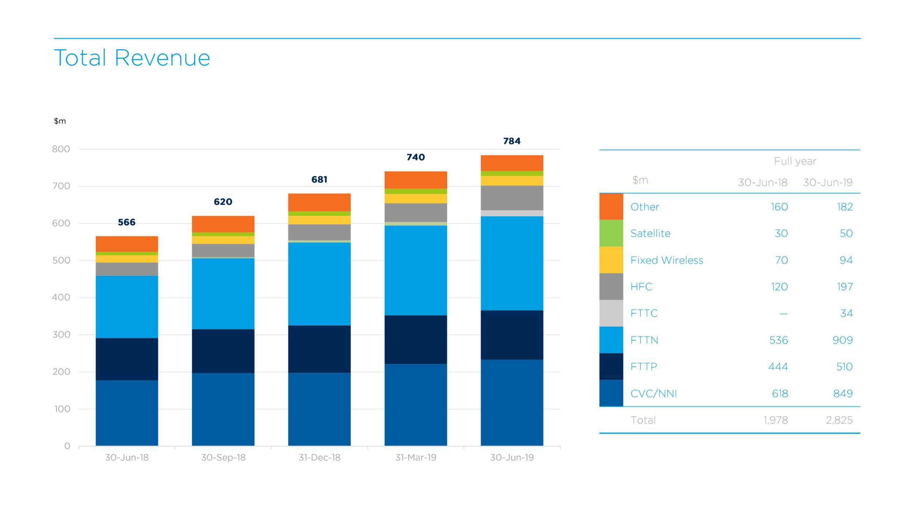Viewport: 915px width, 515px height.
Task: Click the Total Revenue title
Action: [132, 58]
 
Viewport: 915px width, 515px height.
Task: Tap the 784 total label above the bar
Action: [512, 141]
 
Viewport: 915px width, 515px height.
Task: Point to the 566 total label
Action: [127, 222]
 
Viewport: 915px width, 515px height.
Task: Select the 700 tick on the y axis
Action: [61, 186]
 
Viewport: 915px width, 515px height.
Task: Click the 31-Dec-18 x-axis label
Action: [320, 457]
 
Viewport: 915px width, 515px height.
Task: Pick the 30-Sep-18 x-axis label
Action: [223, 457]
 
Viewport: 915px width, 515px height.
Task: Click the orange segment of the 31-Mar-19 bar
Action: [415, 180]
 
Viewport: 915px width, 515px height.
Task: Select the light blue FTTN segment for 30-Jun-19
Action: [512, 263]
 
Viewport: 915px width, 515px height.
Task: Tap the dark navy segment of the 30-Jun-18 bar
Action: [127, 359]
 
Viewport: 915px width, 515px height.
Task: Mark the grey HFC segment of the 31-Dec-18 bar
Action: [319, 232]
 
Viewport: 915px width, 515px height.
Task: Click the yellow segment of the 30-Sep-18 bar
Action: [223, 240]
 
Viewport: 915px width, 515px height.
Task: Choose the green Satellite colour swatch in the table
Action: [611, 233]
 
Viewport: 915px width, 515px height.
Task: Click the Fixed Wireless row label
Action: [666, 260]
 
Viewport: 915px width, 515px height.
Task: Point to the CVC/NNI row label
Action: [654, 393]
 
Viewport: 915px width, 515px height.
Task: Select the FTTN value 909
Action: [842, 340]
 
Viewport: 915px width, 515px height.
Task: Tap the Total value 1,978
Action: [775, 420]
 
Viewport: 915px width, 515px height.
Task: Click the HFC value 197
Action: [844, 287]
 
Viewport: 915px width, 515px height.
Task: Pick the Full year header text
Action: [795, 161]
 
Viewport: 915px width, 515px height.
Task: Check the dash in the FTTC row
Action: [783, 314]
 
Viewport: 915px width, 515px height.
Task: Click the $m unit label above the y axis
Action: [60, 121]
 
